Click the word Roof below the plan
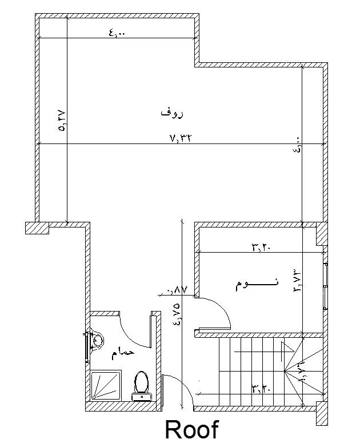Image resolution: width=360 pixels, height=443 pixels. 192,429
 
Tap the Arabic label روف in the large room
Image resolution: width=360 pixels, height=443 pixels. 172,113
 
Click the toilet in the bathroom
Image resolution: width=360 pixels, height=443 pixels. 141,384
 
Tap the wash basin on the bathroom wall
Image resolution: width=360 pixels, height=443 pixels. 95,341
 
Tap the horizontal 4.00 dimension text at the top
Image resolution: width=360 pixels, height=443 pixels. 117,34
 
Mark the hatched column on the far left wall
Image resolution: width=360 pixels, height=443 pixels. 37,227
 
